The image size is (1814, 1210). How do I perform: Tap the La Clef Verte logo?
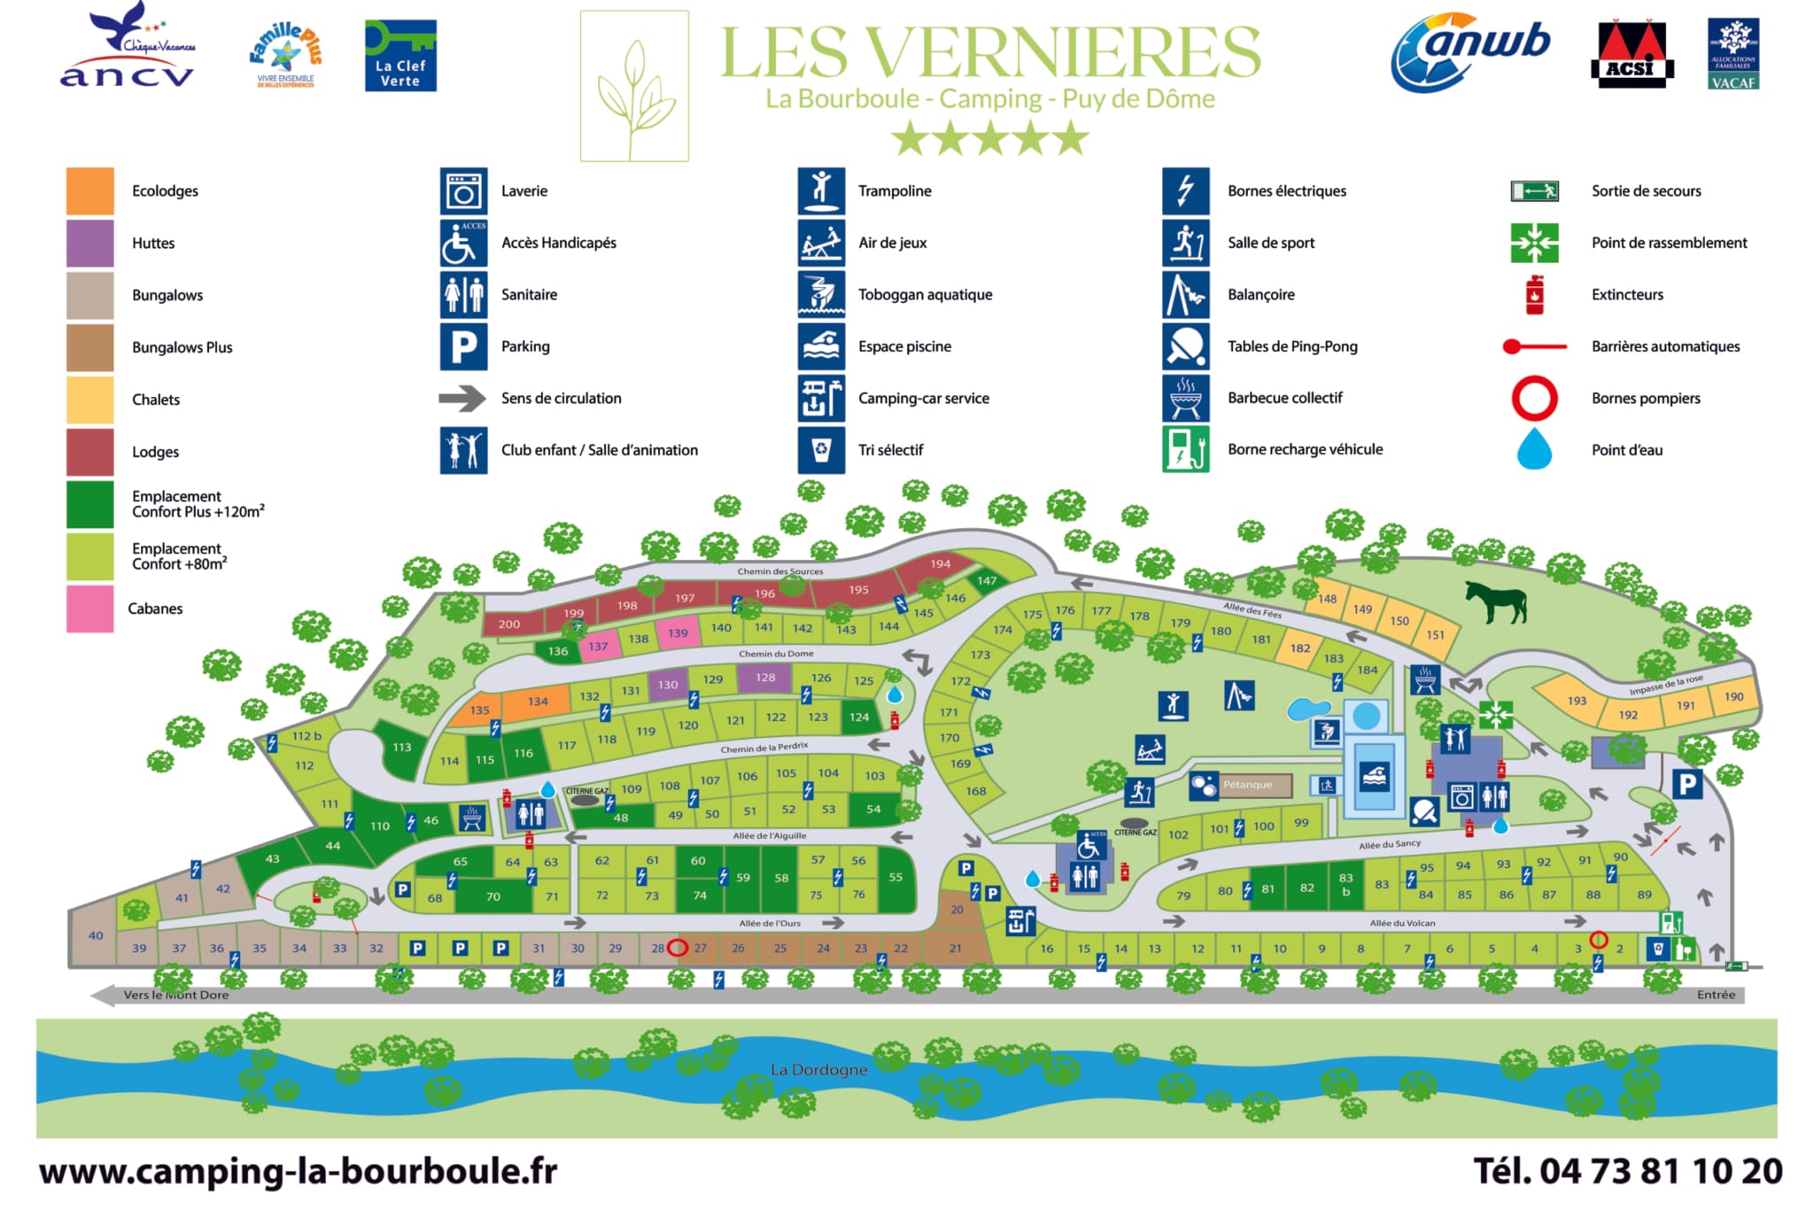coord(400,55)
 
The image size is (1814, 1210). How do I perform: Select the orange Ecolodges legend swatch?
coord(89,191)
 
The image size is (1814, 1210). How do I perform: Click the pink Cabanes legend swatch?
coord(89,609)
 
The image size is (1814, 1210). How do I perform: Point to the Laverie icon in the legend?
coord(463,191)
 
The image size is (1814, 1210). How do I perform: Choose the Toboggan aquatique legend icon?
coord(820,295)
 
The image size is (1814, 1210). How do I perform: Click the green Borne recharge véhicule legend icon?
coord(1185,450)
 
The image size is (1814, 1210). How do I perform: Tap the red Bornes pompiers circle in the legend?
coord(1533,399)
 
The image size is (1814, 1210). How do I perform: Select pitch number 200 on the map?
coord(509,624)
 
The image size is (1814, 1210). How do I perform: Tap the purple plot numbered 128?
coord(765,678)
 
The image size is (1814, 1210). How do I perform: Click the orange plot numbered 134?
coord(538,702)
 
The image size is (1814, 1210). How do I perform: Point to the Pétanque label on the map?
coord(1247,785)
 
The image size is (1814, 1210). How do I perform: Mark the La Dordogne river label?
coord(818,1070)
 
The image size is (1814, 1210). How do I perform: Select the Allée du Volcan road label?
coord(1402,923)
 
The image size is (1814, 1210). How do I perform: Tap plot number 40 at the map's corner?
coord(96,935)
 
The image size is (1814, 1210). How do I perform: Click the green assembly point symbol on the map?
coord(1495,715)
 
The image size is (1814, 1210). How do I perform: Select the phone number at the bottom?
coord(1627,1171)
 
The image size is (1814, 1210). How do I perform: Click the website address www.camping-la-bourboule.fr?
coord(298,1171)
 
